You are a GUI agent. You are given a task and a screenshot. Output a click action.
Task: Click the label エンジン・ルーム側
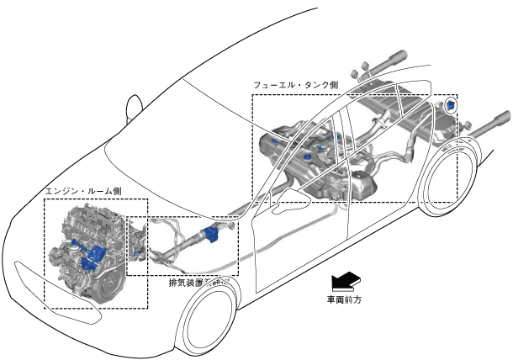point(83,192)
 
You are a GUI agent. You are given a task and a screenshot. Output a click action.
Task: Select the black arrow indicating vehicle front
point(345,280)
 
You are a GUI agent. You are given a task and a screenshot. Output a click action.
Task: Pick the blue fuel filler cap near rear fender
point(452,106)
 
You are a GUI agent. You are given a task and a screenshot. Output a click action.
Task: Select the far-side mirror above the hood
point(132,108)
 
